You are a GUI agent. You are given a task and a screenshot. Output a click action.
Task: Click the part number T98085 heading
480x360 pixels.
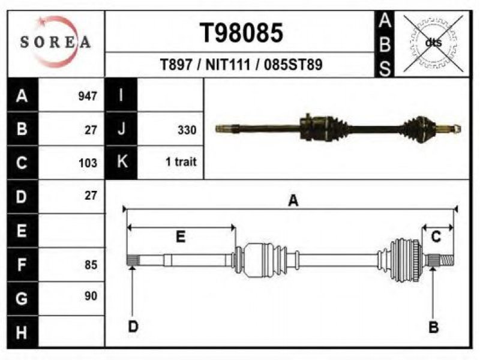click(241, 33)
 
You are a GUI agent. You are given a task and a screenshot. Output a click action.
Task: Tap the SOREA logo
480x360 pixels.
click(55, 42)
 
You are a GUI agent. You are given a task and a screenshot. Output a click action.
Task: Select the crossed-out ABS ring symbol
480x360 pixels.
click(433, 43)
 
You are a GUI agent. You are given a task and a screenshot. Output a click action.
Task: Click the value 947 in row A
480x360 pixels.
click(88, 96)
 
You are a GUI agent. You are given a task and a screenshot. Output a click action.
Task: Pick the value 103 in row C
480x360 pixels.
click(88, 163)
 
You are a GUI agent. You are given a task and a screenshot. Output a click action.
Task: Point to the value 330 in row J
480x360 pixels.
click(187, 130)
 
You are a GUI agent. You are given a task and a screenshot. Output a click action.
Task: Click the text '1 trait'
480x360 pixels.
click(181, 161)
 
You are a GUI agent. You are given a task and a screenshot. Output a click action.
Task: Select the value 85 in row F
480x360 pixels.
click(91, 265)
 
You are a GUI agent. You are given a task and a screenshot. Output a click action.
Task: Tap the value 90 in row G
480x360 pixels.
click(91, 296)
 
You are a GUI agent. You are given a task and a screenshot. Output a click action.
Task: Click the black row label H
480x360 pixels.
click(23, 332)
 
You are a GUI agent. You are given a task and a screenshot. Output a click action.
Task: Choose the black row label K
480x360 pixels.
click(121, 161)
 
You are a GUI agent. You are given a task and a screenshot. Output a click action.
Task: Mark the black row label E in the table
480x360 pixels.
click(23, 230)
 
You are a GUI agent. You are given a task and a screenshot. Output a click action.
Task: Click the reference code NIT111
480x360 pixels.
click(228, 65)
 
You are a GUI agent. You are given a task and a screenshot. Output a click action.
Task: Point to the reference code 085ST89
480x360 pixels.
click(293, 65)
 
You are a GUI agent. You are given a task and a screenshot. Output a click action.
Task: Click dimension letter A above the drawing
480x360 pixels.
click(293, 201)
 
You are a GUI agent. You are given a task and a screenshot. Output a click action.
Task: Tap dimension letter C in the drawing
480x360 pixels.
click(436, 236)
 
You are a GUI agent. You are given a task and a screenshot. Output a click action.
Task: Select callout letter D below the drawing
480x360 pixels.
click(133, 326)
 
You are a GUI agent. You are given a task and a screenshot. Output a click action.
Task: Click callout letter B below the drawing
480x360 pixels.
click(433, 327)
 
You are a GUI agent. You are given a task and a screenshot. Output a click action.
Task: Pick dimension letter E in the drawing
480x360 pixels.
click(181, 237)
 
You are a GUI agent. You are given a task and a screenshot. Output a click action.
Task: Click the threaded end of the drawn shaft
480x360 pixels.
click(447, 261)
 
